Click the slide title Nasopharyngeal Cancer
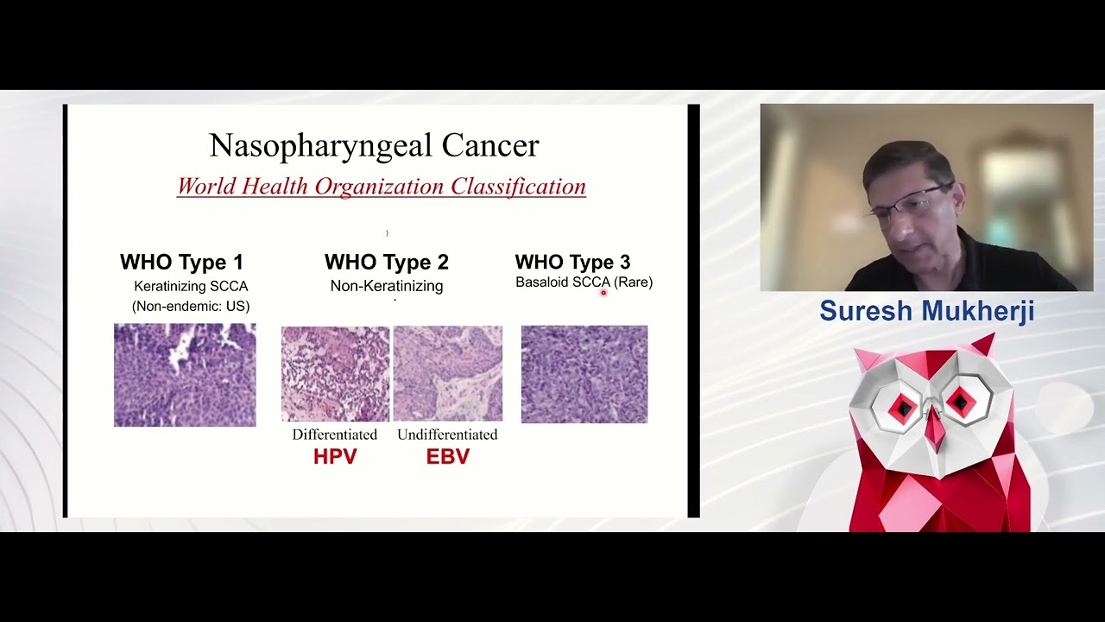click(x=374, y=146)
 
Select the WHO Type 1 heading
click(x=181, y=262)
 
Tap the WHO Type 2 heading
click(x=387, y=262)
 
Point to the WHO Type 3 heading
click(x=572, y=262)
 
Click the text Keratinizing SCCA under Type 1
click(x=191, y=286)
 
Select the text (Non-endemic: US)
click(x=191, y=307)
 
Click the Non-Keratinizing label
click(x=387, y=286)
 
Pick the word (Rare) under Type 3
click(x=633, y=282)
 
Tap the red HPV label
click(x=335, y=457)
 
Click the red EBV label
click(x=448, y=457)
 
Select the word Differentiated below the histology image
click(x=334, y=435)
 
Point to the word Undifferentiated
click(x=447, y=435)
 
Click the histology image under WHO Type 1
click(x=185, y=375)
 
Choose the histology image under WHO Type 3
click(x=584, y=374)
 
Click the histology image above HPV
click(x=336, y=374)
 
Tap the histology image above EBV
click(x=448, y=374)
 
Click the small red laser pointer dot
click(x=603, y=293)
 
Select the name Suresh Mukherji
click(x=927, y=310)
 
